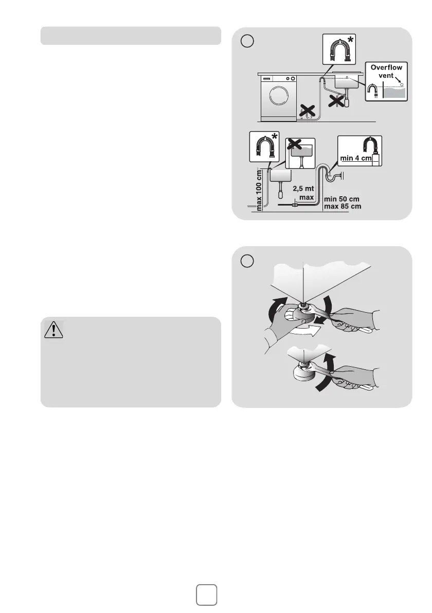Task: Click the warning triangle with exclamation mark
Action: tap(53, 330)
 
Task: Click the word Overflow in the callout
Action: tap(386, 67)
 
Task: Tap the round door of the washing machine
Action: tap(279, 95)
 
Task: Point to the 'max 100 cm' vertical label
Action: tap(259, 190)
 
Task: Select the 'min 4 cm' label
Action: tap(355, 158)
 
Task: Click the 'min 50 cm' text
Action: tap(341, 199)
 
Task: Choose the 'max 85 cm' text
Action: tap(342, 206)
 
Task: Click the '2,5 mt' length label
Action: tap(303, 189)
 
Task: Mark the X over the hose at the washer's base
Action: tap(307, 111)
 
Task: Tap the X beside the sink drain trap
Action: tap(336, 100)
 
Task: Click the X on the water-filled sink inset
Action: tap(294, 144)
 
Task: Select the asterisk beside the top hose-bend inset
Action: tap(351, 40)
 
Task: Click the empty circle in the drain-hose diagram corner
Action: tap(247, 41)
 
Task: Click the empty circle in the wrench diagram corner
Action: tap(247, 261)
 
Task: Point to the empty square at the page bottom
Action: tap(206, 594)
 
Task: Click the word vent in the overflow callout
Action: tap(386, 75)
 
